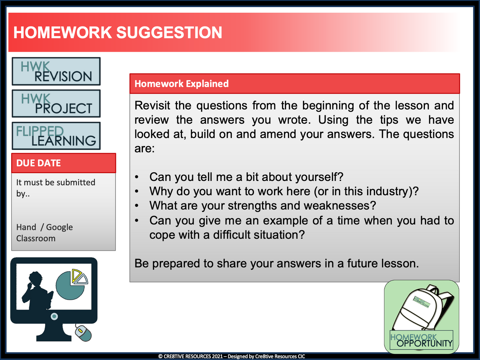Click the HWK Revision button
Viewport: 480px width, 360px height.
point(56,71)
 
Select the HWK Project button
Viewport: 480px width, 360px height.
point(56,103)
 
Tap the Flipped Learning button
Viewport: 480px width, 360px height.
point(56,136)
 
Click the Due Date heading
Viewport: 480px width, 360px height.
point(39,163)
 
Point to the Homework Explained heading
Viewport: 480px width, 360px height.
point(181,84)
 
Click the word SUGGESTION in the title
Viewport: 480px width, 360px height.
point(169,33)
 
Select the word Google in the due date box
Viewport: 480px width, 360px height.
point(59,227)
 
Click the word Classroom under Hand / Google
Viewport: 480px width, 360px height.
point(36,239)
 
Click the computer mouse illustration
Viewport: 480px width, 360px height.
point(83,333)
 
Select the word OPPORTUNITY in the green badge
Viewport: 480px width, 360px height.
point(424,344)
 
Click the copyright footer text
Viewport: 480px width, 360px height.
point(231,356)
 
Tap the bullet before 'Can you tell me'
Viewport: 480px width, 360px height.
point(137,177)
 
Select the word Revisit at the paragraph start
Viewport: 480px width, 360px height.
point(152,106)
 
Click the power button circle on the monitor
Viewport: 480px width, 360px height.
point(54,317)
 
